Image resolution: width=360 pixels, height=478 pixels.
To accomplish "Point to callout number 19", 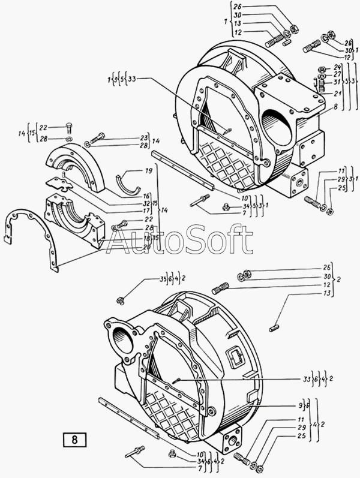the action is point(148,171).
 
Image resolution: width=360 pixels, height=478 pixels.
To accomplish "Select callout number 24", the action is point(338,67).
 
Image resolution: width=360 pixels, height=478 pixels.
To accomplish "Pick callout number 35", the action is point(146,279).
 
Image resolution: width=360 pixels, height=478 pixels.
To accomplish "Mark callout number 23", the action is point(145,137).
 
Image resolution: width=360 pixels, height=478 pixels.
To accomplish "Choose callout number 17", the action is point(146,211).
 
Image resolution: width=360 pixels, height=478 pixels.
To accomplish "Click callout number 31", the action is point(338,82).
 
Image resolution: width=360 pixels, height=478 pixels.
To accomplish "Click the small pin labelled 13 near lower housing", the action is point(274,327).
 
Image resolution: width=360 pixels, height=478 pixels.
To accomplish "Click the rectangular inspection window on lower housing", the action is point(235,360).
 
